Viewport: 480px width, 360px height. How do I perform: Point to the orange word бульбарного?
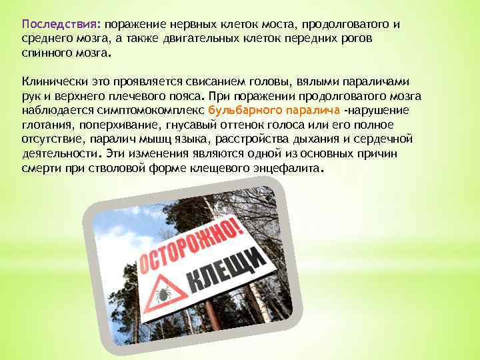(x=243, y=110)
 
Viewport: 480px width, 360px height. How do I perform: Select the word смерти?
(x=41, y=167)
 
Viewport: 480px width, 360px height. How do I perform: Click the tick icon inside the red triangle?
(x=164, y=292)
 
